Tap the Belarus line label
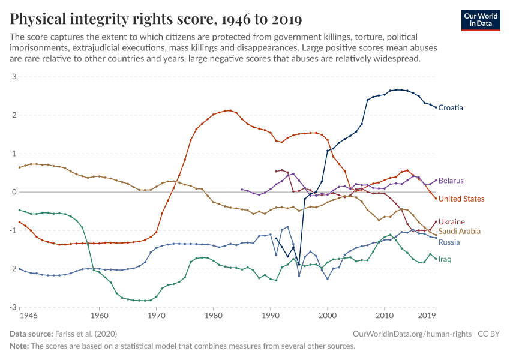pyautogui.click(x=451, y=181)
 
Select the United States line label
pyautogui.click(x=461, y=199)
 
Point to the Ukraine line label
pyautogui.click(x=452, y=222)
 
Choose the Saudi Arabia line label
pyautogui.click(x=459, y=231)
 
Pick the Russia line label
pyautogui.click(x=449, y=242)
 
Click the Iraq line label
pyautogui.click(x=445, y=259)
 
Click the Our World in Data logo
pyautogui.click(x=480, y=20)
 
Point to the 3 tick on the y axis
pyautogui.click(x=13, y=77)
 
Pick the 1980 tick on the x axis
pyautogui.click(x=213, y=314)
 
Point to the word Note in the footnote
pyautogui.click(x=20, y=346)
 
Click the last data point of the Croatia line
pyautogui.click(x=436, y=107)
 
